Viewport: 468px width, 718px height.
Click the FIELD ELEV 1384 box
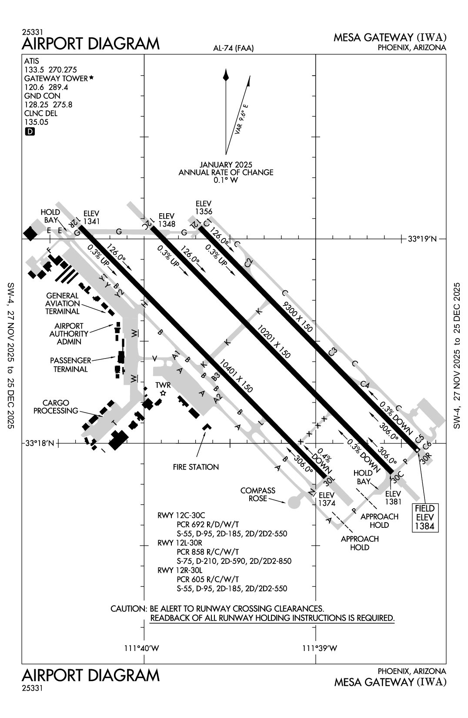425,517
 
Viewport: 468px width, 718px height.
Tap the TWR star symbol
163,393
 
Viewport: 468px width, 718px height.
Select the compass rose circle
294,503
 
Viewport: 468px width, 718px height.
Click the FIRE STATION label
196,467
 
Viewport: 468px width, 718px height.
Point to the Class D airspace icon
30,131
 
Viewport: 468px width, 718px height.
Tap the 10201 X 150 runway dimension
273,341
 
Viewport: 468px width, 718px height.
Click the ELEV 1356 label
204,208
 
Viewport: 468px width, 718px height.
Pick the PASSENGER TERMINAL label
70,365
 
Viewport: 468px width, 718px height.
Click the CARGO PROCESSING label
56,407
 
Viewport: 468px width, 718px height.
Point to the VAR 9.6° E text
241,118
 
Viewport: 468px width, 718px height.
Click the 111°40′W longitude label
142,648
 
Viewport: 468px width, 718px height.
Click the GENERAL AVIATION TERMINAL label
63,303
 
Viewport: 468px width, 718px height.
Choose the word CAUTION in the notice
128,608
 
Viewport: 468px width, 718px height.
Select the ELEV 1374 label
326,499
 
